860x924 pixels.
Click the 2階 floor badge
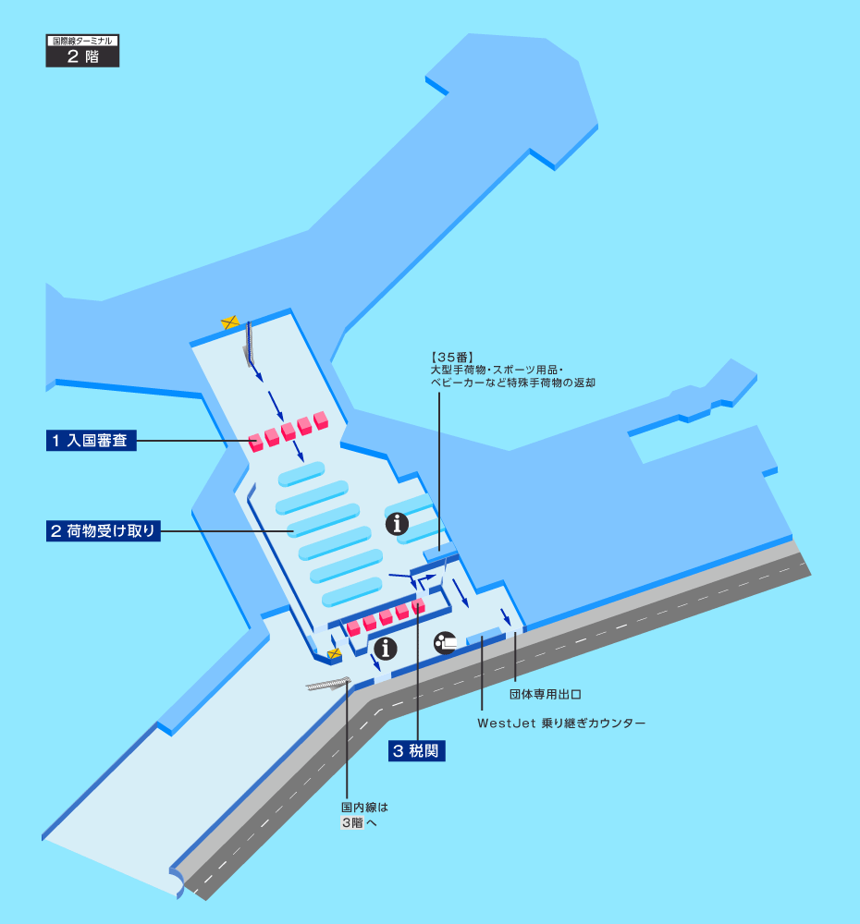coord(82,55)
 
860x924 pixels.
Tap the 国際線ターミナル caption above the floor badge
coord(82,41)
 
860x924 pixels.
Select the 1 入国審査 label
coord(92,441)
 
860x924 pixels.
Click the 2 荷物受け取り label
coord(104,530)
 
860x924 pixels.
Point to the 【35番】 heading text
coord(452,357)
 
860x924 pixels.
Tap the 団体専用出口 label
coord(545,692)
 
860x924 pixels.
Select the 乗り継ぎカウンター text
coord(594,723)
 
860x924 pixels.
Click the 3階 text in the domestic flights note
coord(351,822)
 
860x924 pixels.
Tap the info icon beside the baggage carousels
coord(398,525)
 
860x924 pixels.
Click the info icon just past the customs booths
coord(386,648)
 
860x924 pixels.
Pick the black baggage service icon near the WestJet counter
coord(446,642)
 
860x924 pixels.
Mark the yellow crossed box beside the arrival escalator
coord(230,322)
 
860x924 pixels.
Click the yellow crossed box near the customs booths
coord(335,653)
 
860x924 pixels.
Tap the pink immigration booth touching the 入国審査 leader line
coord(257,442)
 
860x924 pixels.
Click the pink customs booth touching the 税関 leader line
coord(418,606)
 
